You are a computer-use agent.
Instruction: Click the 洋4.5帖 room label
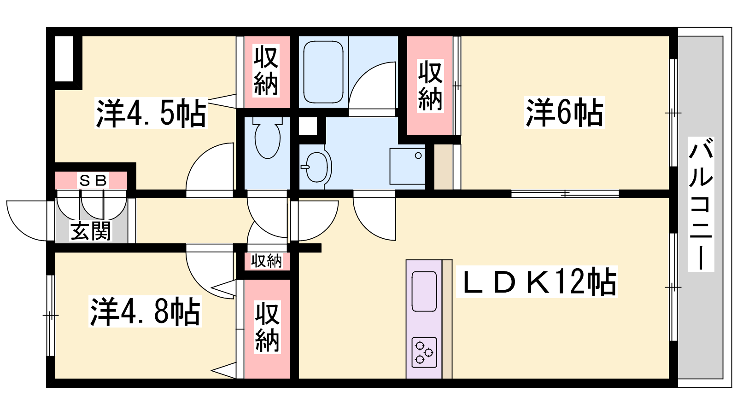(151, 113)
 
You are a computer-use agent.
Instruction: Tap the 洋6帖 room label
(565, 112)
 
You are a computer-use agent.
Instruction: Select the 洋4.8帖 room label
(145, 311)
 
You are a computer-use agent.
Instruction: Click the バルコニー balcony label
(701, 204)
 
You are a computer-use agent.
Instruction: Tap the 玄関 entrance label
(91, 231)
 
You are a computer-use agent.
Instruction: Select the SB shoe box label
(94, 180)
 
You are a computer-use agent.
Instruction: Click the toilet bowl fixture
(268, 138)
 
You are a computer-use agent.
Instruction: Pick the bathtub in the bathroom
(323, 72)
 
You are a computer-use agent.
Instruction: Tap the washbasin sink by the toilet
(316, 167)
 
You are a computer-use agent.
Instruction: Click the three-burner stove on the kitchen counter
(424, 352)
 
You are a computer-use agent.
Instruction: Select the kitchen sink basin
(424, 291)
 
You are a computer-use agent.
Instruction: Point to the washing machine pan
(407, 166)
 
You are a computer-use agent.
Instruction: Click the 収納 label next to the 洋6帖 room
(430, 86)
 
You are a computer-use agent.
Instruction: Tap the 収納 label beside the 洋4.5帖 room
(266, 71)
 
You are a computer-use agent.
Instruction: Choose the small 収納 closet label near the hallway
(267, 261)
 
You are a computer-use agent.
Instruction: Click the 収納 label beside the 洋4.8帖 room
(267, 327)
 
